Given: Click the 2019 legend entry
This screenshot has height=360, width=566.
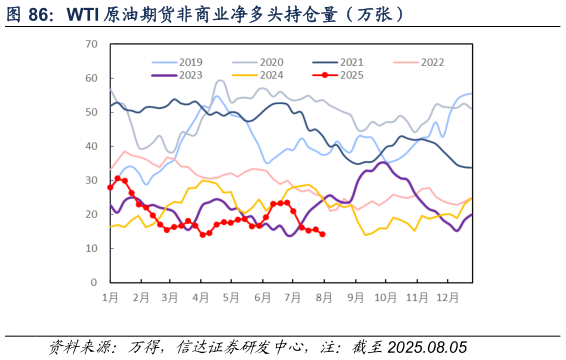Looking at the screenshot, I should click(190, 62).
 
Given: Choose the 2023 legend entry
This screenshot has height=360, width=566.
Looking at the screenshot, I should click(190, 74).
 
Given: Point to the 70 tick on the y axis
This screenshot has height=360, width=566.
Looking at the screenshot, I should click(91, 44).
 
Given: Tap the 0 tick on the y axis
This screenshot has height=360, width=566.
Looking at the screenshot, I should click(94, 282).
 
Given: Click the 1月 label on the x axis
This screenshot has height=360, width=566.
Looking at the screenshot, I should click(110, 298).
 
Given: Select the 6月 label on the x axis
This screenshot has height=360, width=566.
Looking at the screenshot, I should click(263, 298).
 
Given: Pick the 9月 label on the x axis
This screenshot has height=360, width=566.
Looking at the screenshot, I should click(355, 298).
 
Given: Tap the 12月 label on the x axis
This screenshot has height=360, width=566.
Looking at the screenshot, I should click(447, 298).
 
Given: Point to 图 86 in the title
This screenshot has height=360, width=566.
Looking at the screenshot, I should click(28, 15).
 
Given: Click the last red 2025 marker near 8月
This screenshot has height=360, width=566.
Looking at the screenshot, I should click(322, 235).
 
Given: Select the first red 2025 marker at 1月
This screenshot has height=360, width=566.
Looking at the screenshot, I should click(110, 187).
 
